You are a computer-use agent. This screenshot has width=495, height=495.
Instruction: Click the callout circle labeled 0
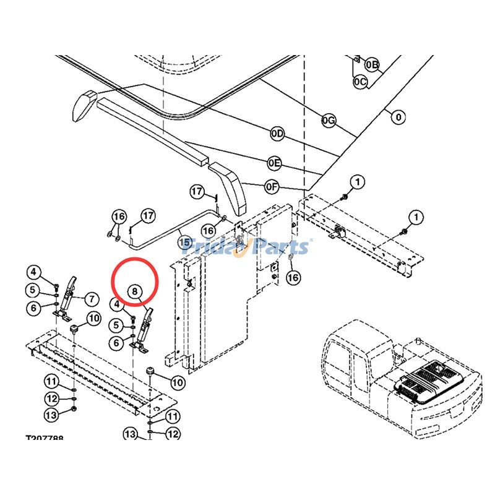(398, 116)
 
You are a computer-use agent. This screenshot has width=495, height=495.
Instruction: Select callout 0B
(372, 64)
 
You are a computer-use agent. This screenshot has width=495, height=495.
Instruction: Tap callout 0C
(360, 81)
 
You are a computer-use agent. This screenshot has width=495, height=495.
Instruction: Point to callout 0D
(277, 134)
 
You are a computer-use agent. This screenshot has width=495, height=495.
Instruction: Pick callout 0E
(275, 163)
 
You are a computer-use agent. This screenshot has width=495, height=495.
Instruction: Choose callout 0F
(272, 185)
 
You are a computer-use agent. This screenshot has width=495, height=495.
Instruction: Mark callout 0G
(329, 120)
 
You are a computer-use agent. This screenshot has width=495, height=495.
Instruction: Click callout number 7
(91, 299)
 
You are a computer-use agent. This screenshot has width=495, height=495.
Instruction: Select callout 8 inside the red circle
(136, 290)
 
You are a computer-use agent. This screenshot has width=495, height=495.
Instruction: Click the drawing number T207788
(44, 438)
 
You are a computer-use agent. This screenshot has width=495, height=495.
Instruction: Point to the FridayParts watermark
(247, 246)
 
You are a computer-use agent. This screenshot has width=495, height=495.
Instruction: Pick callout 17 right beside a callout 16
(148, 216)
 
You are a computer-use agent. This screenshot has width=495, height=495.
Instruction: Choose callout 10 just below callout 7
(93, 319)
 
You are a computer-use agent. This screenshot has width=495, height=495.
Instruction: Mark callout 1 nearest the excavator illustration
(417, 217)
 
